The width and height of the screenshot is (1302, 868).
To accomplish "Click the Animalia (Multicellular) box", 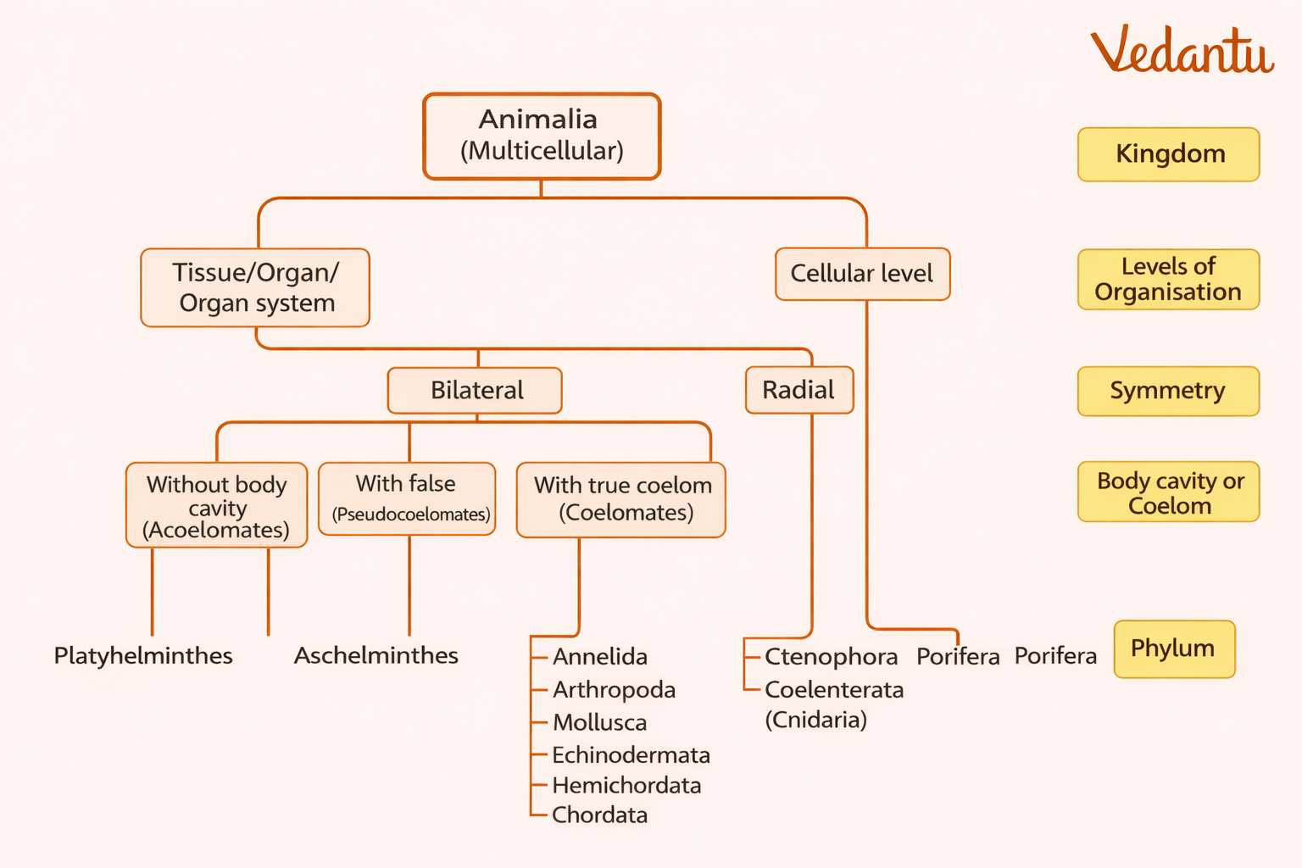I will pos(542,136).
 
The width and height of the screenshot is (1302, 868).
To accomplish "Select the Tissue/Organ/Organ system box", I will pos(255,287).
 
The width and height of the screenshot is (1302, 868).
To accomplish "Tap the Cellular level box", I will pos(862,274).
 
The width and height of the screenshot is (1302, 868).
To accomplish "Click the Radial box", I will pos(798,390).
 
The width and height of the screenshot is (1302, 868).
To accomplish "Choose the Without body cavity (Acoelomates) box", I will pos(216,506).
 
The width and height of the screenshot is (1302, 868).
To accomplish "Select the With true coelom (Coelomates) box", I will pos(621,499).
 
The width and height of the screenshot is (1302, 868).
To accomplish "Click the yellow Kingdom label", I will pos(1168,154).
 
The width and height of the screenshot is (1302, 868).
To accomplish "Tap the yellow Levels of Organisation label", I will pos(1168,279).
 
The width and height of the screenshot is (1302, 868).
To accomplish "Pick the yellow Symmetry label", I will pos(1168,391).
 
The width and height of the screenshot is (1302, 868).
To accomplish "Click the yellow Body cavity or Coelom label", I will pos(1168,492).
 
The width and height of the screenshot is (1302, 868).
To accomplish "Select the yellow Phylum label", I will pos(1174,648).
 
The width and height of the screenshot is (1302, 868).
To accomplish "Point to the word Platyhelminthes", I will pos(143,655).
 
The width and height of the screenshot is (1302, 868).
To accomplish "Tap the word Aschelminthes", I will pos(376,655).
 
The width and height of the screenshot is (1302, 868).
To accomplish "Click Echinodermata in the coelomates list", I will pos(631,754).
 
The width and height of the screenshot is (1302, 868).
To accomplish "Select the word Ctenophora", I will pos(831,656).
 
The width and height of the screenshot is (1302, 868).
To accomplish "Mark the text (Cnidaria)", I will pos(815,720).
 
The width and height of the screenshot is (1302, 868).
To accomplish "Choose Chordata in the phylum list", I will pos(599,815).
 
